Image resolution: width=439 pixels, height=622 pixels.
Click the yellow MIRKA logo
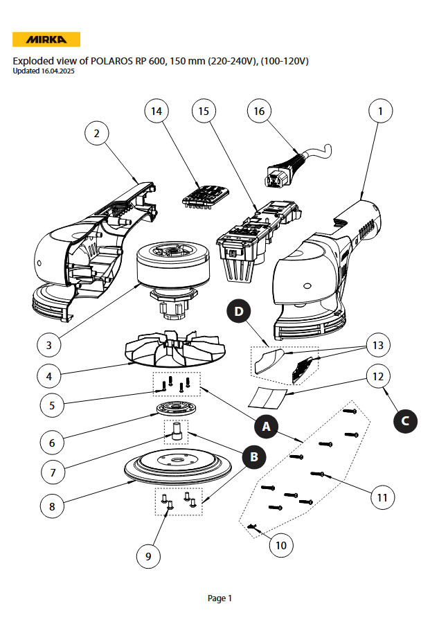pos(46,39)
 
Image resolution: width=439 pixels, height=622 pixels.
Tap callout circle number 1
pos(379,110)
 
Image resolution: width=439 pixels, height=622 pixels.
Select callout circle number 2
pos(97,134)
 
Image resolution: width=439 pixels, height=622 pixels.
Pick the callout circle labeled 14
pos(156,111)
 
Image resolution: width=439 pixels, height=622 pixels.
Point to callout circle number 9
pos(148,556)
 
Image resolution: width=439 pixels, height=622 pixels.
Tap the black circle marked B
pos(253,456)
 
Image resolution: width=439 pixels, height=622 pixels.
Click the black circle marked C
pos(405,420)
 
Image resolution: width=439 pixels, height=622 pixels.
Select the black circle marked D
pos(239,312)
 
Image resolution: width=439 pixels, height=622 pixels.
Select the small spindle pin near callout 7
pos(176,432)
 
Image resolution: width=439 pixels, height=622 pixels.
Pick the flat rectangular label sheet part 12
pos(267,398)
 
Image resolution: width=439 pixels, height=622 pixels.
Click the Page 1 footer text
pos(219,598)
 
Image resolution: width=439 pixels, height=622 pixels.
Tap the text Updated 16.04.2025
pos(44,71)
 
